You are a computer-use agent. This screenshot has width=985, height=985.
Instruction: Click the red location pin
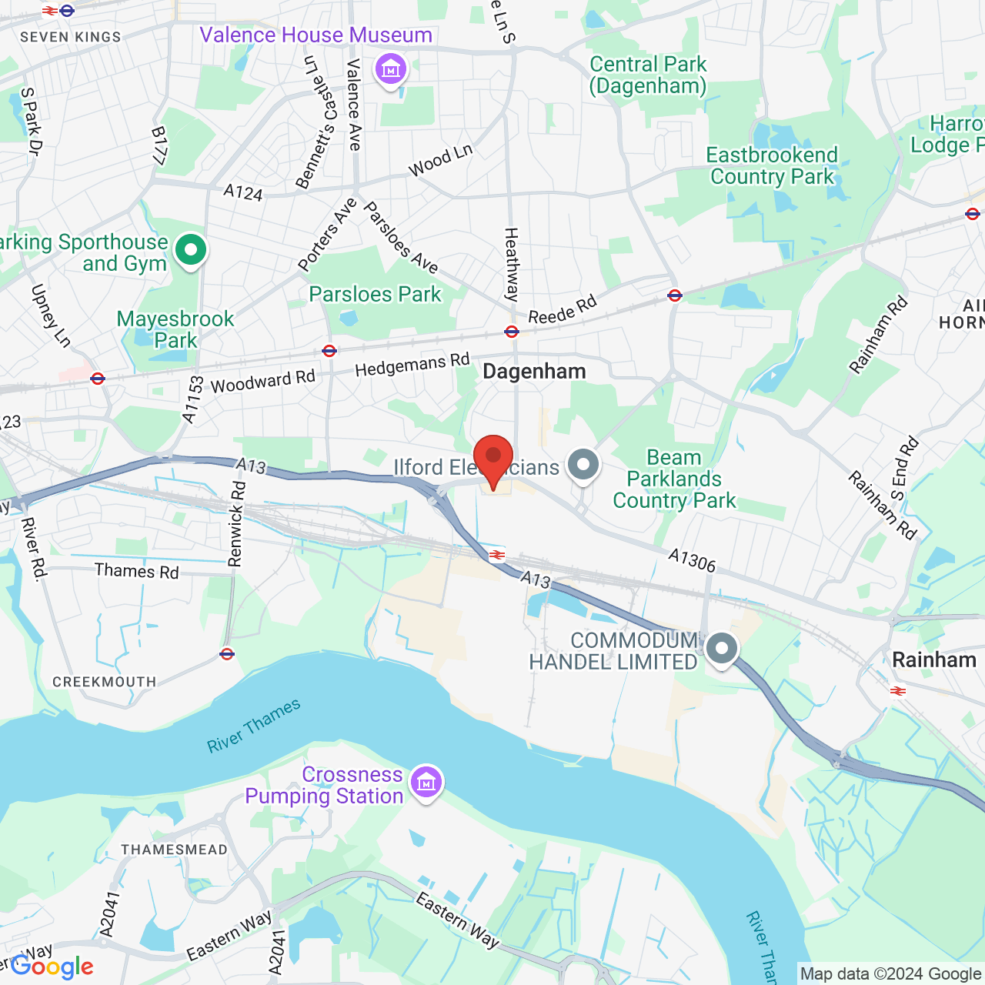pyautogui.click(x=492, y=459)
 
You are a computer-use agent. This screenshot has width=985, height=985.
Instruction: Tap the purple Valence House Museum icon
pyautogui.click(x=391, y=70)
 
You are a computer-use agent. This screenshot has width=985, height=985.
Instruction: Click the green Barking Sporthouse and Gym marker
pyautogui.click(x=191, y=250)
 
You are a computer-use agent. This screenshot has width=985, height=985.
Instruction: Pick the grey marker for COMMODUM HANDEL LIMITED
pyautogui.click(x=721, y=649)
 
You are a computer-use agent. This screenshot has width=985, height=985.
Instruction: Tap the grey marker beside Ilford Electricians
pyautogui.click(x=583, y=465)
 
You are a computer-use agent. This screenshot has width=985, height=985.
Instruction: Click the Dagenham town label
pyautogui.click(x=534, y=372)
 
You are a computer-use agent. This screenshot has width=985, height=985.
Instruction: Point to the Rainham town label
pyautogui.click(x=933, y=660)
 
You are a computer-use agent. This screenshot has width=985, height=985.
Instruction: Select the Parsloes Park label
pyautogui.click(x=375, y=294)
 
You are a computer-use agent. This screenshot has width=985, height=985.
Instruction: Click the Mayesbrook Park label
pyautogui.click(x=175, y=329)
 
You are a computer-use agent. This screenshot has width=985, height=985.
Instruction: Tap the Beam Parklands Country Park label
pyautogui.click(x=674, y=479)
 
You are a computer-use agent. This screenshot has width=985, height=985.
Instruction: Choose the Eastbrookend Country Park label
pyautogui.click(x=772, y=165)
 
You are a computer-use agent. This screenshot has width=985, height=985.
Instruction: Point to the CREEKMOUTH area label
pyautogui.click(x=104, y=682)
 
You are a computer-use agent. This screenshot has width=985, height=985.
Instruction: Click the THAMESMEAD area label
pyautogui.click(x=174, y=850)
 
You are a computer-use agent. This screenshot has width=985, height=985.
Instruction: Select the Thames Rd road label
pyautogui.click(x=136, y=571)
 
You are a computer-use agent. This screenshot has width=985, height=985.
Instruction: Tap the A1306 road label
pyautogui.click(x=692, y=560)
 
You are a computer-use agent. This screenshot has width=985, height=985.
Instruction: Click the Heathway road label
pyautogui.click(x=512, y=264)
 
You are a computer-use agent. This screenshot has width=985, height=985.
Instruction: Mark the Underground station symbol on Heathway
pyautogui.click(x=512, y=332)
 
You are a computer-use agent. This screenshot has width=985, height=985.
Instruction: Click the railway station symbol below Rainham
pyautogui.click(x=897, y=691)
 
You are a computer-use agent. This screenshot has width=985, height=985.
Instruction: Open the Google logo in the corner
pyautogui.click(x=52, y=967)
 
